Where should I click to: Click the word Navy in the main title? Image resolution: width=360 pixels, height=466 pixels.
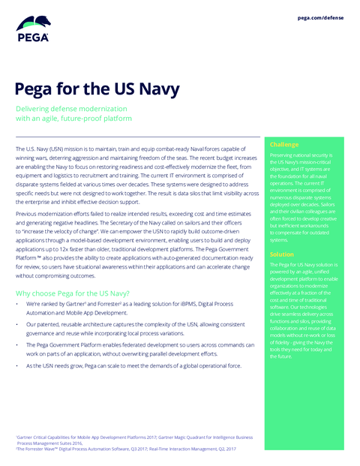[154, 89]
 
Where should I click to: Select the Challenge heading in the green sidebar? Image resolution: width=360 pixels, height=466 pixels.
[284, 145]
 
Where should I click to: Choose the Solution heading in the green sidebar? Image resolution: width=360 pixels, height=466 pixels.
[282, 254]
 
